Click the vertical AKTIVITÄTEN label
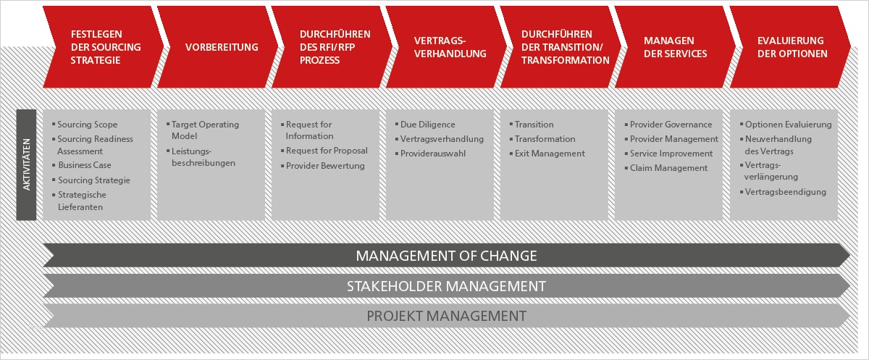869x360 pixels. (x=26, y=164)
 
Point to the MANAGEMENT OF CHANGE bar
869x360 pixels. (x=446, y=256)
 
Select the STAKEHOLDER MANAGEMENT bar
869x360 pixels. (x=446, y=286)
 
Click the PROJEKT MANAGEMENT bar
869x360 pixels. (x=446, y=316)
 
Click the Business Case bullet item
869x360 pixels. (x=82, y=165)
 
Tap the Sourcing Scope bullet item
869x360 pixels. (x=85, y=125)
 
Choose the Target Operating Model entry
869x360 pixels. (x=203, y=130)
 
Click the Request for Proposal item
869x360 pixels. (x=324, y=151)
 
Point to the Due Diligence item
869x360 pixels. (x=425, y=125)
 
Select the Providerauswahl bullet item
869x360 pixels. (x=430, y=154)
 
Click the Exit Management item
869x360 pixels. (x=547, y=154)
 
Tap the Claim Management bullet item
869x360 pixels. (x=666, y=168)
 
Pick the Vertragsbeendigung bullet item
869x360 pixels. (x=783, y=192)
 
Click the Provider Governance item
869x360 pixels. (x=668, y=125)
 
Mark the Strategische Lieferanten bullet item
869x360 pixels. (x=79, y=201)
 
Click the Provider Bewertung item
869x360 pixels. (x=323, y=166)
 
